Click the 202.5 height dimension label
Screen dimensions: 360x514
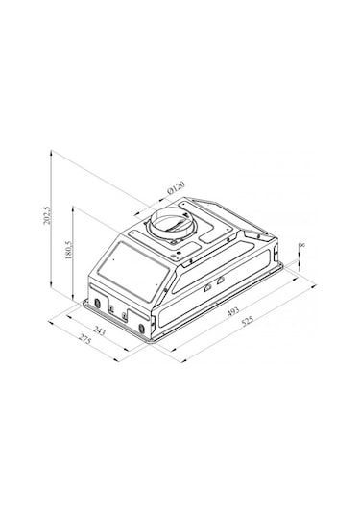[x=47, y=215]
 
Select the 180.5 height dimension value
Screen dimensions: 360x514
[x=68, y=251]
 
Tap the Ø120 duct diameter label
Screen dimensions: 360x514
[x=176, y=187]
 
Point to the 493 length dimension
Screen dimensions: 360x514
[x=233, y=311]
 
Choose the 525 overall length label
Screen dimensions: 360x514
[x=248, y=321]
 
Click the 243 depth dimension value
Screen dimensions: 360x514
[x=99, y=330]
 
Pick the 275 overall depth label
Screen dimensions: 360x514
[x=84, y=339]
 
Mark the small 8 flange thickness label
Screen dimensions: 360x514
[x=302, y=245]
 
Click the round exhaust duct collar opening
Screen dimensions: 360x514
[x=172, y=223]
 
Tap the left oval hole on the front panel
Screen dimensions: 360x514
[x=97, y=304]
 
